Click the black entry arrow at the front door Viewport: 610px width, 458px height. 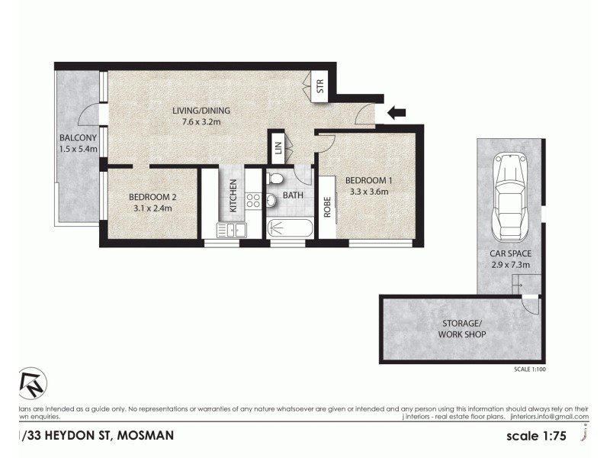click(x=396, y=114)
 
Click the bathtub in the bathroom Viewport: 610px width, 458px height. click(x=290, y=228)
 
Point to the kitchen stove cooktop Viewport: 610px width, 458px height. click(x=253, y=201)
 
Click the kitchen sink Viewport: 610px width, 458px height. click(x=232, y=228)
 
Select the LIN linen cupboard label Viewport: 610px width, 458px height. click(x=278, y=150)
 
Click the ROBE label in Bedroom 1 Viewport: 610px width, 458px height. click(x=328, y=207)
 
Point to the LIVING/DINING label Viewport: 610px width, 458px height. click(x=201, y=111)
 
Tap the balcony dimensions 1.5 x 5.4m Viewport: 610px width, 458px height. click(x=79, y=149)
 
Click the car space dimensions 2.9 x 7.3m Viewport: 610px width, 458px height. click(x=510, y=265)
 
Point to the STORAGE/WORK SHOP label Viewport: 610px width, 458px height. click(x=461, y=329)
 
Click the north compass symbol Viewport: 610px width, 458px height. click(x=32, y=384)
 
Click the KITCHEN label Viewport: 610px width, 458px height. click(x=233, y=195)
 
